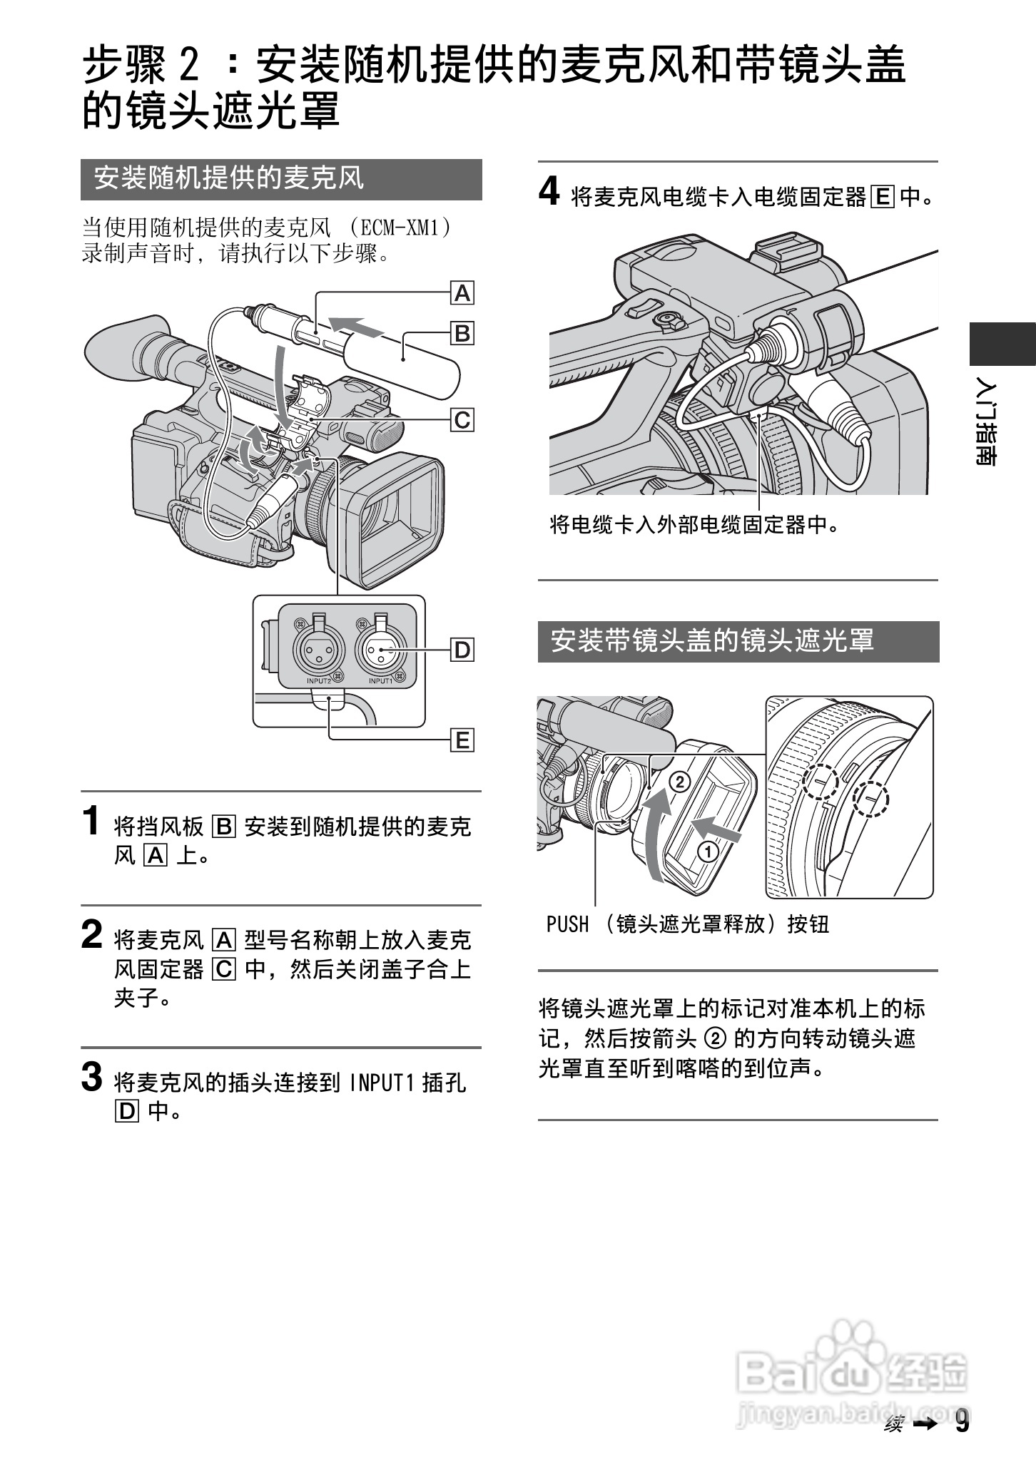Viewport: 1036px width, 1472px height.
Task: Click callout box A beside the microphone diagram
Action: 462,293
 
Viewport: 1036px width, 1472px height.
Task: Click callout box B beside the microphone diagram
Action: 462,333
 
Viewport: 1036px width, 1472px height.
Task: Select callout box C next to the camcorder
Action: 462,419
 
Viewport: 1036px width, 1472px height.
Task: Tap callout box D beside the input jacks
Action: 462,650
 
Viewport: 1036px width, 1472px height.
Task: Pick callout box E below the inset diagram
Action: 462,740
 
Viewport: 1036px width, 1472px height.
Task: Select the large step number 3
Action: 92,1077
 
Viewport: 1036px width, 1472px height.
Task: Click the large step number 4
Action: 549,192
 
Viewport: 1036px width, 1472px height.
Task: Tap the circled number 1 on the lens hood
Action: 709,851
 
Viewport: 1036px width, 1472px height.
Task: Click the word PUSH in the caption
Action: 568,925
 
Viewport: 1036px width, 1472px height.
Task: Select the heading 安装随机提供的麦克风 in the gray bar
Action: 230,179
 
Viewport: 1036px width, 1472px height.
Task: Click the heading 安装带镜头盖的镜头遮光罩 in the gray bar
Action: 712,640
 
